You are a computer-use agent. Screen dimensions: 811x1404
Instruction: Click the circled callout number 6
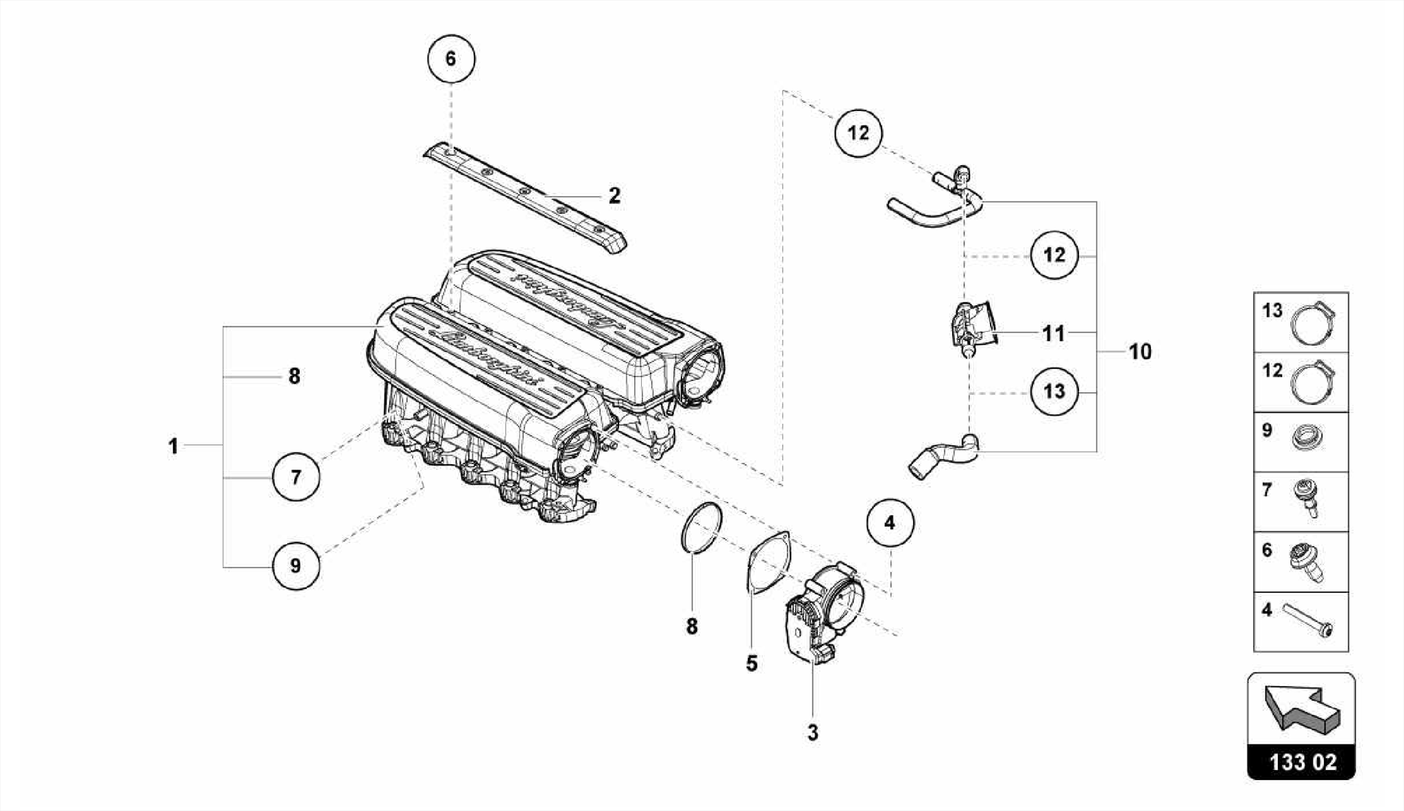(x=450, y=58)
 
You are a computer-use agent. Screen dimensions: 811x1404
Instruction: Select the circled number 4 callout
(x=889, y=523)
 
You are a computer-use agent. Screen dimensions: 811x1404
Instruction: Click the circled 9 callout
(x=295, y=566)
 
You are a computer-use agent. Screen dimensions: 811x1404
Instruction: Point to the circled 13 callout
(x=1054, y=391)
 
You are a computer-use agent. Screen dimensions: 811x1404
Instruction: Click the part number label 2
(x=614, y=196)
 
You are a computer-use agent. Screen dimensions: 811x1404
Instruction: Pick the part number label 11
(x=1053, y=334)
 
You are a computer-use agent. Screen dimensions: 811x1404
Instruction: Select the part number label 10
(x=1140, y=352)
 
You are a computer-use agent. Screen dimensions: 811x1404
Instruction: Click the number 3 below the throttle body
(x=812, y=733)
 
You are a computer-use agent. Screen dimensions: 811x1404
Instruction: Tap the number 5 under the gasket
(x=752, y=664)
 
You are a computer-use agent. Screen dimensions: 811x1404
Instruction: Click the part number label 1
(x=173, y=446)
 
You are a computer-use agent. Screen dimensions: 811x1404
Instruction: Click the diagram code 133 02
(x=1302, y=762)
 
